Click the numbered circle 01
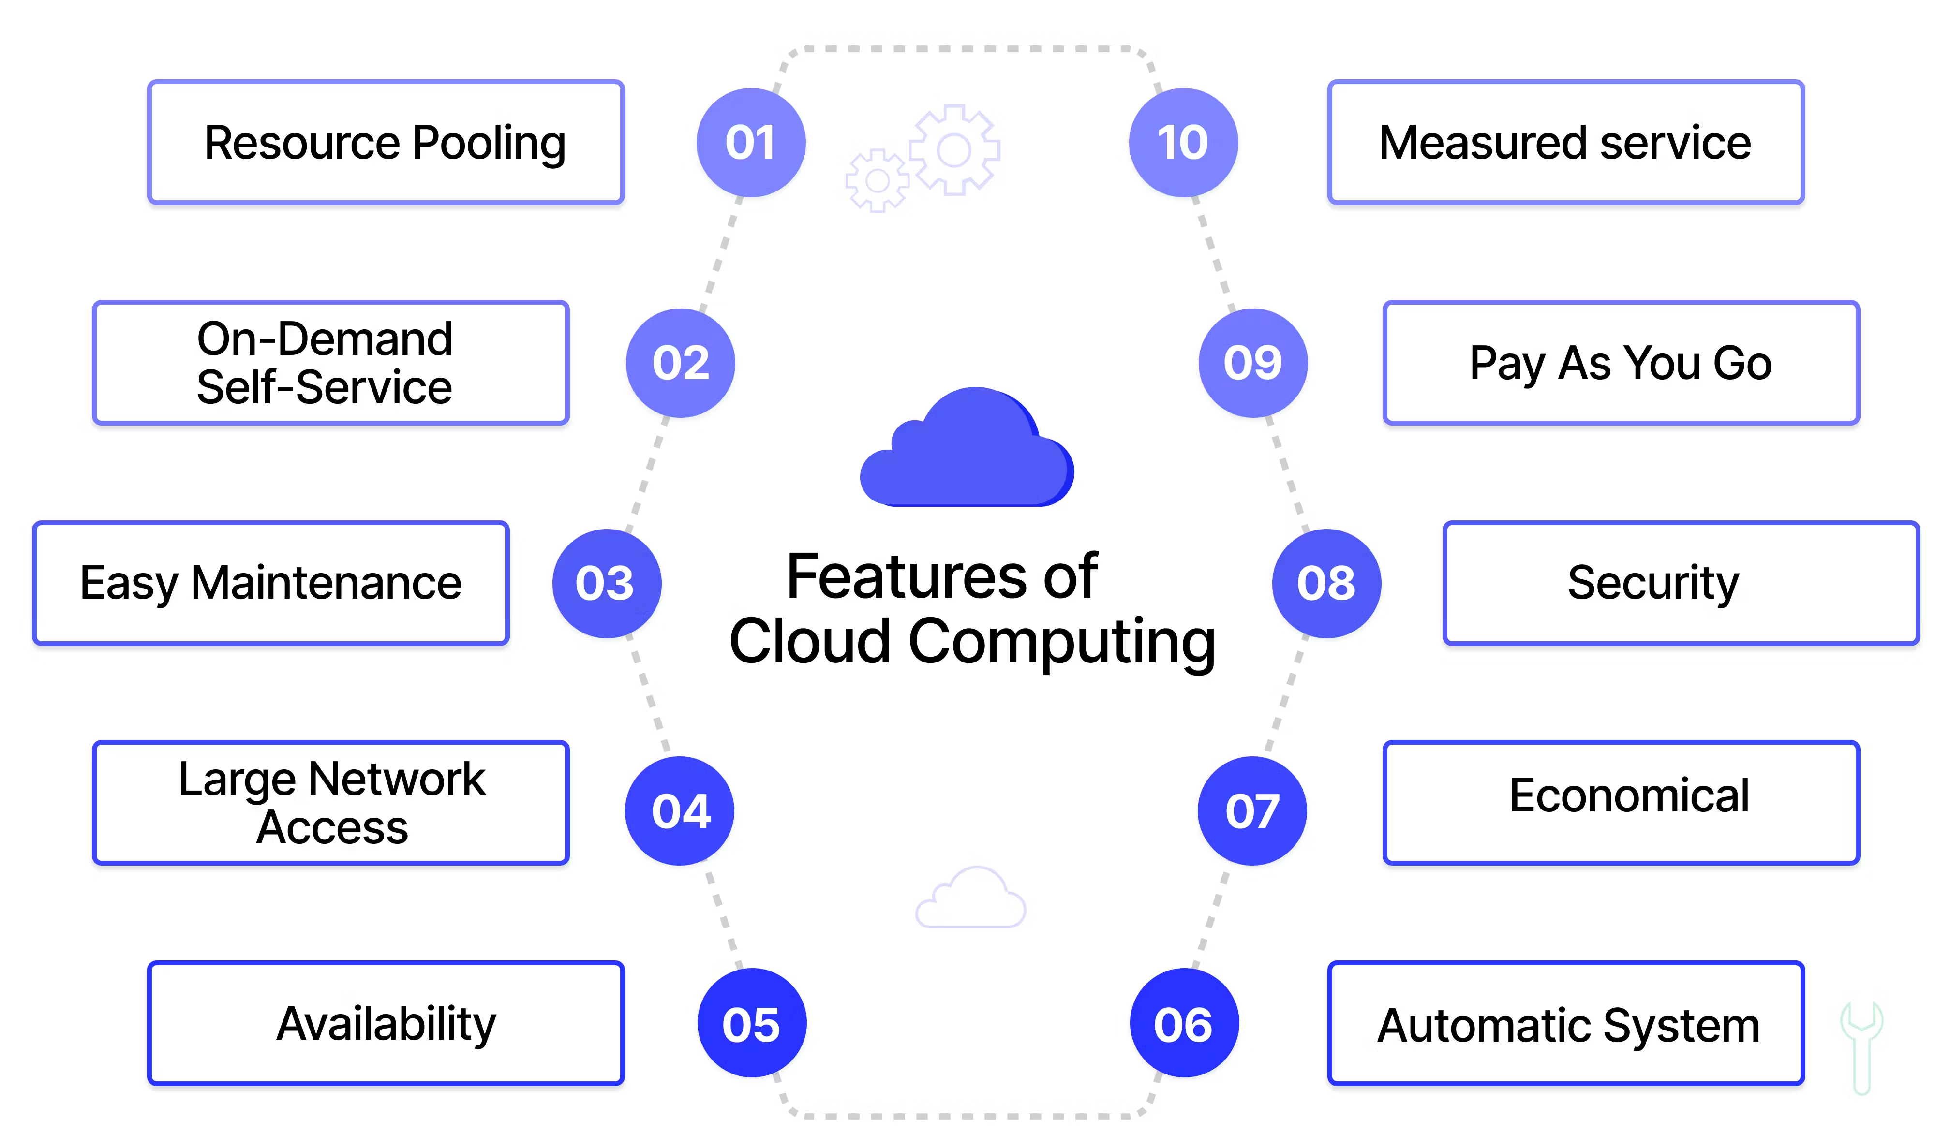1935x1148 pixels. coord(750,142)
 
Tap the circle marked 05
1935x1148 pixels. coord(751,1023)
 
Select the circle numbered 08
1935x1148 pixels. coord(1326,583)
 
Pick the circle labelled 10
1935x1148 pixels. coord(1183,142)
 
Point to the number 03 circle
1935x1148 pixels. coord(607,583)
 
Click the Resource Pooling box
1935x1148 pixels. coord(385,142)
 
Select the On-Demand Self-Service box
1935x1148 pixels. coord(330,363)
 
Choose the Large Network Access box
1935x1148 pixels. coord(330,803)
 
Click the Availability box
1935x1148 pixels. coord(385,1023)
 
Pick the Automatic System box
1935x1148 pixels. coord(1566,1023)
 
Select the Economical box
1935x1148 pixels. coord(1621,803)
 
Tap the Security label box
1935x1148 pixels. coord(1681,583)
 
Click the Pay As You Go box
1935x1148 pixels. coord(1621,363)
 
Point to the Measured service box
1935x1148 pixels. coord(1566,142)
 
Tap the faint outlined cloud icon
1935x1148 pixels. coord(970,898)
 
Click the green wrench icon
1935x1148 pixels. coord(1861,1049)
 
